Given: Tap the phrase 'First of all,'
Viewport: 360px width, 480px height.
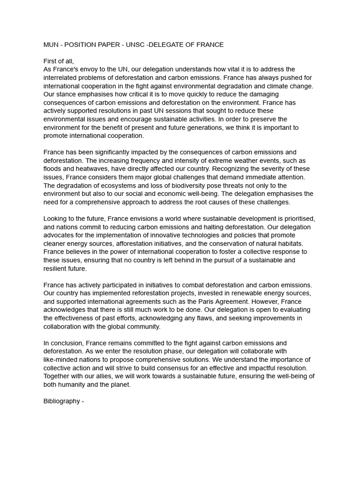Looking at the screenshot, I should tap(59, 61).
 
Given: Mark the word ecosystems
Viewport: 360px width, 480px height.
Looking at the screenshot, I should tap(108, 186).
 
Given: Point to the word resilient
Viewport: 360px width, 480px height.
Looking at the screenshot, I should tap(55, 269).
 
